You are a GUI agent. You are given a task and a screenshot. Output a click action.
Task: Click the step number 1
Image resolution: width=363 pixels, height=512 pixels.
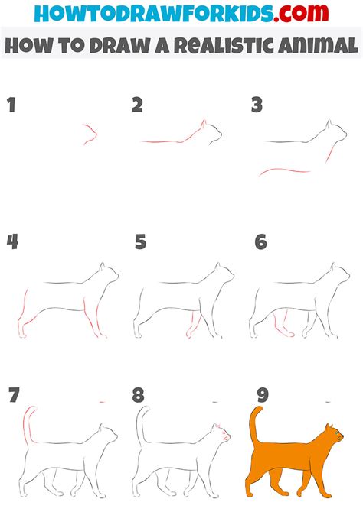(11, 105)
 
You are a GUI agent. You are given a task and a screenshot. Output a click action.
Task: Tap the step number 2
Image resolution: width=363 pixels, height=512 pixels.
(138, 105)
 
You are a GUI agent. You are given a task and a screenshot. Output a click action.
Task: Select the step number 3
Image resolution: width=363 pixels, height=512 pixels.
(257, 105)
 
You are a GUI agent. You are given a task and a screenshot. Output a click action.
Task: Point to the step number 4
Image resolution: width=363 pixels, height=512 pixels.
(12, 242)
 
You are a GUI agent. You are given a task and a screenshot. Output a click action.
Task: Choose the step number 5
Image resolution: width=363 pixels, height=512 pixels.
(140, 242)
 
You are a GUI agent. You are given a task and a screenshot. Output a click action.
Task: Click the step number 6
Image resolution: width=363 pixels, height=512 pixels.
(261, 242)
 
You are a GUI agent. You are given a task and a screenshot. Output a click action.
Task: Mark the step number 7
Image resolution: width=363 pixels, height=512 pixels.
(14, 395)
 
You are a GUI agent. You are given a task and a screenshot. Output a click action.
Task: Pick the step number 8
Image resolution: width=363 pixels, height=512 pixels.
(138, 395)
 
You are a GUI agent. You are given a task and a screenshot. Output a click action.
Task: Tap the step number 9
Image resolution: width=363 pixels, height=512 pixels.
(263, 395)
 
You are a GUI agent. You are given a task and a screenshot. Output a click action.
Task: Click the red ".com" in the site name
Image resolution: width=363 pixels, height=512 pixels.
(301, 13)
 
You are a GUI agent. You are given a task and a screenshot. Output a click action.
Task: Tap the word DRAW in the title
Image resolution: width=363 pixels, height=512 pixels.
(119, 45)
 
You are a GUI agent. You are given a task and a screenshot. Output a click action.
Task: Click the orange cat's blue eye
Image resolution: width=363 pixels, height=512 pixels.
(336, 433)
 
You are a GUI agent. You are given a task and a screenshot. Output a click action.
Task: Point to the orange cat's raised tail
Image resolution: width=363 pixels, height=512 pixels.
(253, 424)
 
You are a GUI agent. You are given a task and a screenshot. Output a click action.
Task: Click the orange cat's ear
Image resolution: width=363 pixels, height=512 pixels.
(328, 427)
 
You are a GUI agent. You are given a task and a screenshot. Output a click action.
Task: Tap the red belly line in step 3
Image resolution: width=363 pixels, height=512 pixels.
(284, 170)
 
